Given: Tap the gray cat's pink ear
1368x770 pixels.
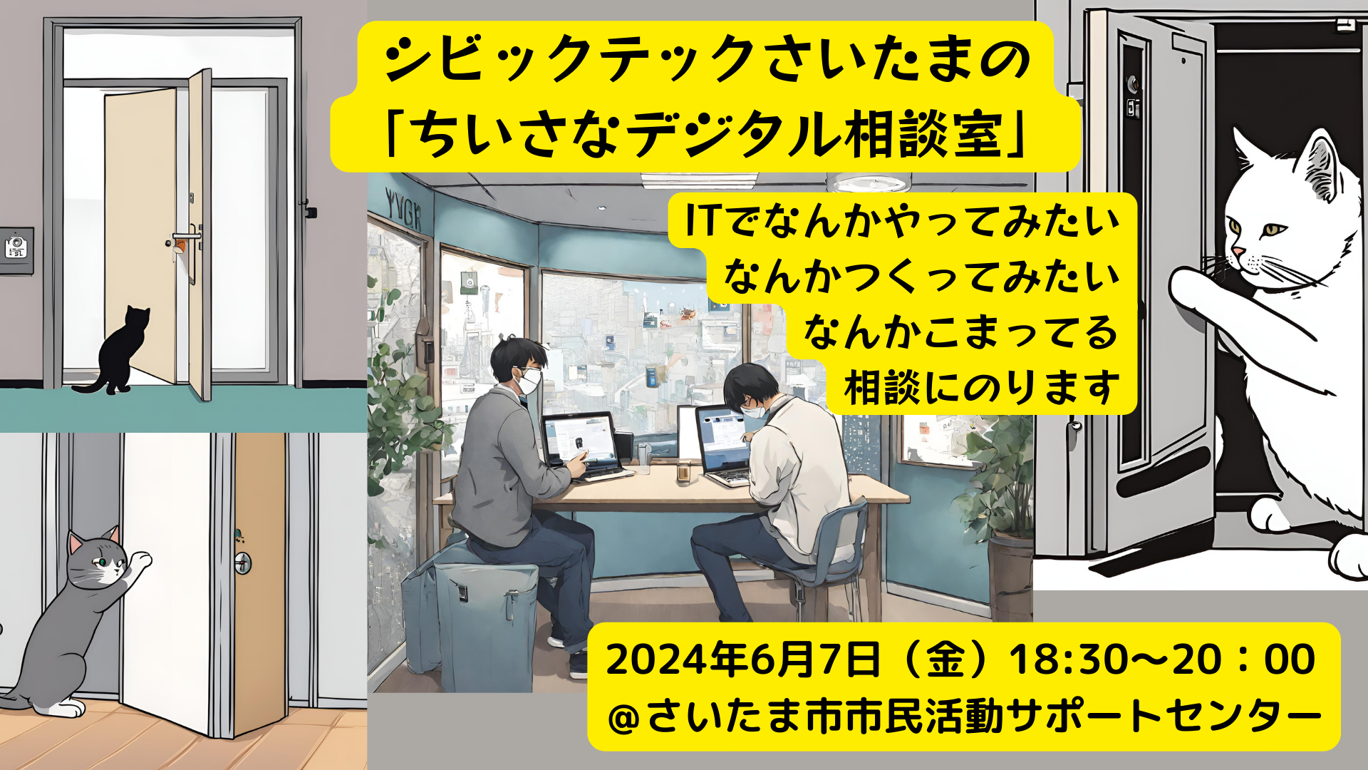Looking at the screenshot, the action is point(77,543).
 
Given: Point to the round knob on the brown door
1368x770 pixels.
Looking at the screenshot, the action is point(243,563).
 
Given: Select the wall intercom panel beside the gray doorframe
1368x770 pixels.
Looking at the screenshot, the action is point(16,250).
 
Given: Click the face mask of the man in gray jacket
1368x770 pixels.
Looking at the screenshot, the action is point(529,380).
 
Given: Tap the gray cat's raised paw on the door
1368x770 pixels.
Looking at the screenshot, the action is point(141,561).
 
